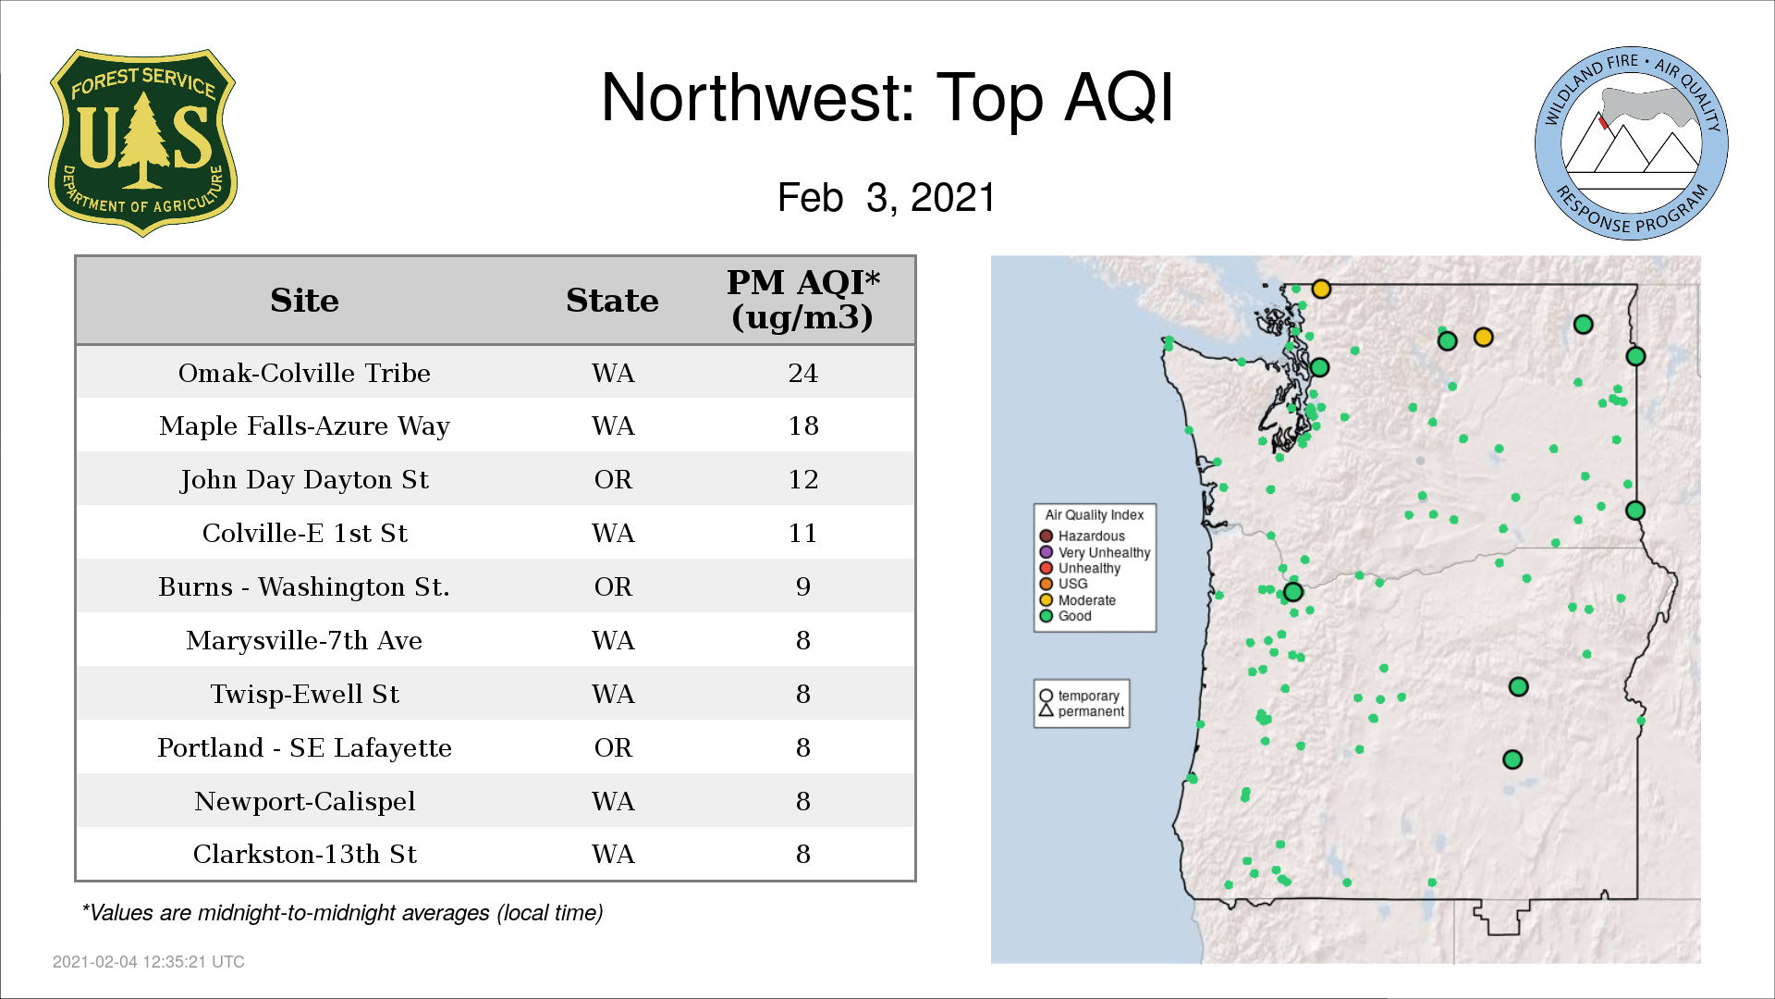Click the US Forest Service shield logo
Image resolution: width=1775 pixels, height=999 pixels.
142,142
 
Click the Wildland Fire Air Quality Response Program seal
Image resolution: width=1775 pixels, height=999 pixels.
1632,143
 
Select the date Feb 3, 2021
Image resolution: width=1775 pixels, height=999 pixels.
887,198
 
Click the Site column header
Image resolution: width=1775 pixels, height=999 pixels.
304,301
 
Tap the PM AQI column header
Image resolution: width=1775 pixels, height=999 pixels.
802,300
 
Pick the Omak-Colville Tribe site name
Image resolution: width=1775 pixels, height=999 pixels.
304,373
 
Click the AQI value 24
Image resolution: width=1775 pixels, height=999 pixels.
802,373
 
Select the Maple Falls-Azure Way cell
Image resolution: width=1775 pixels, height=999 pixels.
304,426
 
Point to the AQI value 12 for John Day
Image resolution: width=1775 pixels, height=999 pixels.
802,479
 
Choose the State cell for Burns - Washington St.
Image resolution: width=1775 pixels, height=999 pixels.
613,586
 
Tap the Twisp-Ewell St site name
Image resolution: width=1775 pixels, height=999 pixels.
304,694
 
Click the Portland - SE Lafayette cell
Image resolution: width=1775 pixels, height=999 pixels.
304,747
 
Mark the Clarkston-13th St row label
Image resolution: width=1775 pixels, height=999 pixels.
304,854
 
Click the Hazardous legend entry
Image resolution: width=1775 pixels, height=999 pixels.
1083,536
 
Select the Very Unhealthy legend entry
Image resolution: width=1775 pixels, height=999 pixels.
1096,552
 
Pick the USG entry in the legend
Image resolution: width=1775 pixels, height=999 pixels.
1064,584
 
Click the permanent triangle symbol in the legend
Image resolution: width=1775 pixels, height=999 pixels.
1047,710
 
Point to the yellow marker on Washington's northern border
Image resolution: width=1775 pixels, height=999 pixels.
1321,290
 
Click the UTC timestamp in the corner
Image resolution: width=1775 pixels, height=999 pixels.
149,962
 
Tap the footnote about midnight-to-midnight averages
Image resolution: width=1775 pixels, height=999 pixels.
342,913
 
